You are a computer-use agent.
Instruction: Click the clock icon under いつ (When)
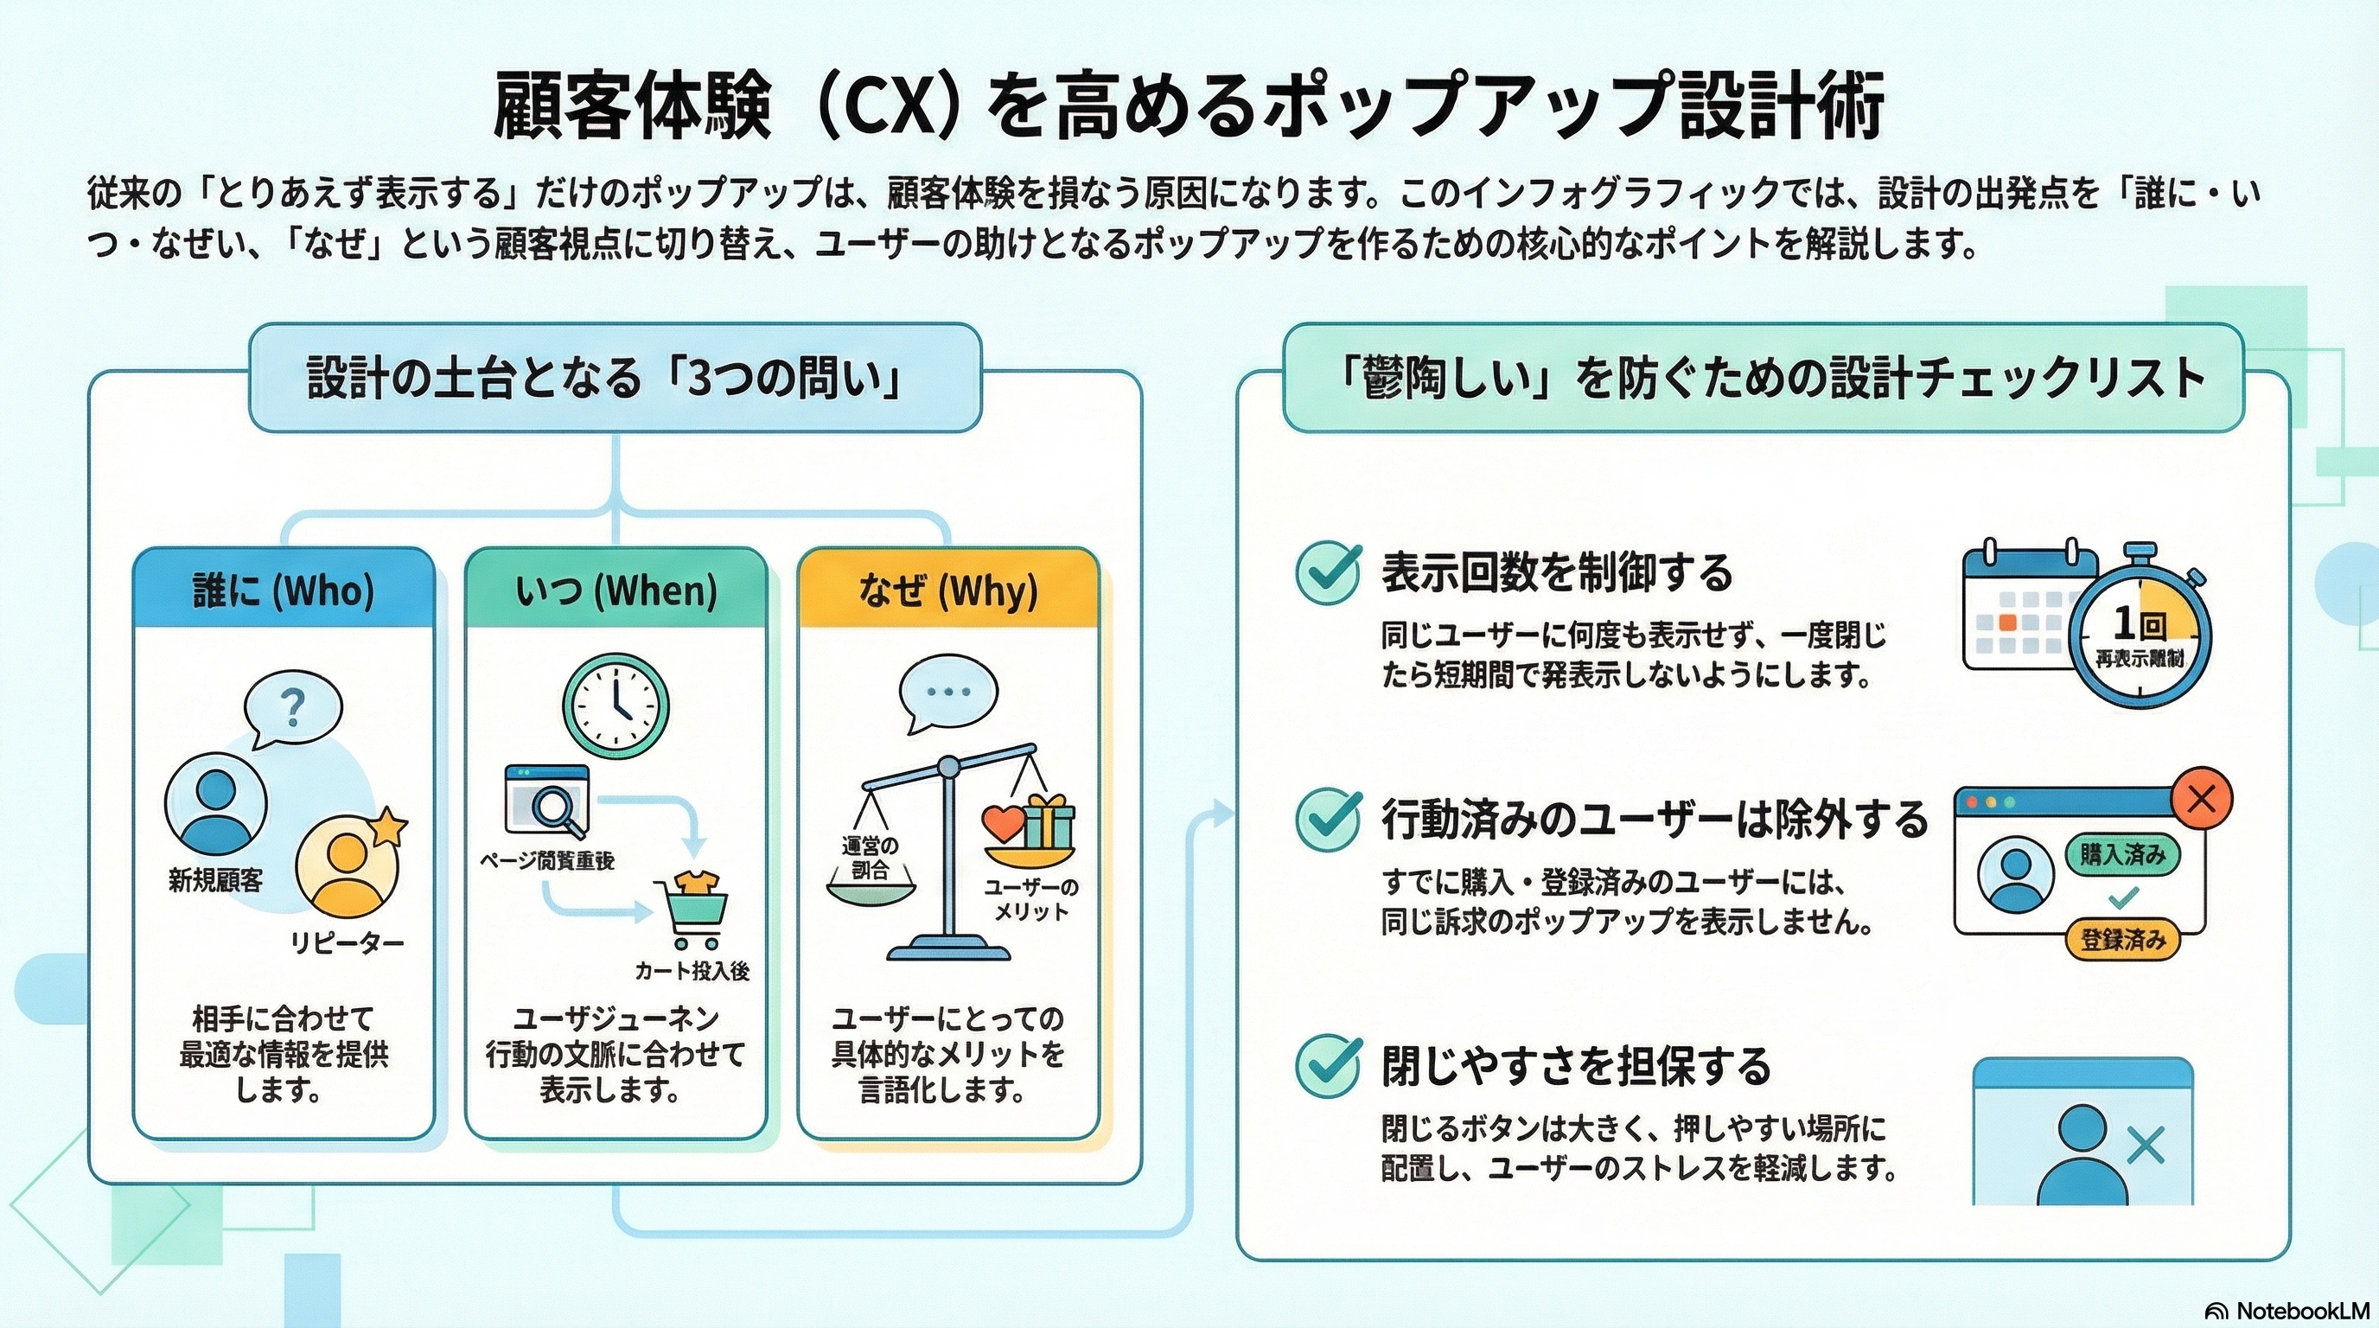pyautogui.click(x=616, y=706)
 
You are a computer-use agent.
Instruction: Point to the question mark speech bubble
pyautogui.click(x=293, y=706)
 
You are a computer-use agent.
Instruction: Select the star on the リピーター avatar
pyautogui.click(x=388, y=825)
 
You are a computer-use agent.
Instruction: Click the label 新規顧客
pyautogui.click(x=215, y=879)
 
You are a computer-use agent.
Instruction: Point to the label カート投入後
pyautogui.click(x=692, y=970)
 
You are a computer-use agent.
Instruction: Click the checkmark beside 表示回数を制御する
pyautogui.click(x=1328, y=571)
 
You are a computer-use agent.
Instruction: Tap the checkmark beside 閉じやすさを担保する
pyautogui.click(x=1328, y=1065)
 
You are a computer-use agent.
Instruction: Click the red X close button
pyautogui.click(x=2202, y=798)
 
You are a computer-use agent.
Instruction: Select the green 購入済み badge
pyautogui.click(x=2122, y=854)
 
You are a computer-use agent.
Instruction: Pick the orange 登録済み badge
pyautogui.click(x=2122, y=940)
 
